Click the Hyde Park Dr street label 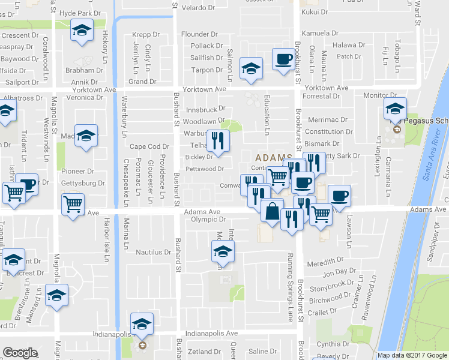point(80,13)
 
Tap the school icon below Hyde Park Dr point(80,30)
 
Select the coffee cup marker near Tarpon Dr point(283,59)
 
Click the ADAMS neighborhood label point(267,155)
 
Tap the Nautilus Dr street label point(153,252)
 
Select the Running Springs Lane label point(291,288)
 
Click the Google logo point(20,353)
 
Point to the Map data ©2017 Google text point(412,355)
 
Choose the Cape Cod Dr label point(149,146)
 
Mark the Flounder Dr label point(199,34)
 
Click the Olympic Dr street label point(208,220)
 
